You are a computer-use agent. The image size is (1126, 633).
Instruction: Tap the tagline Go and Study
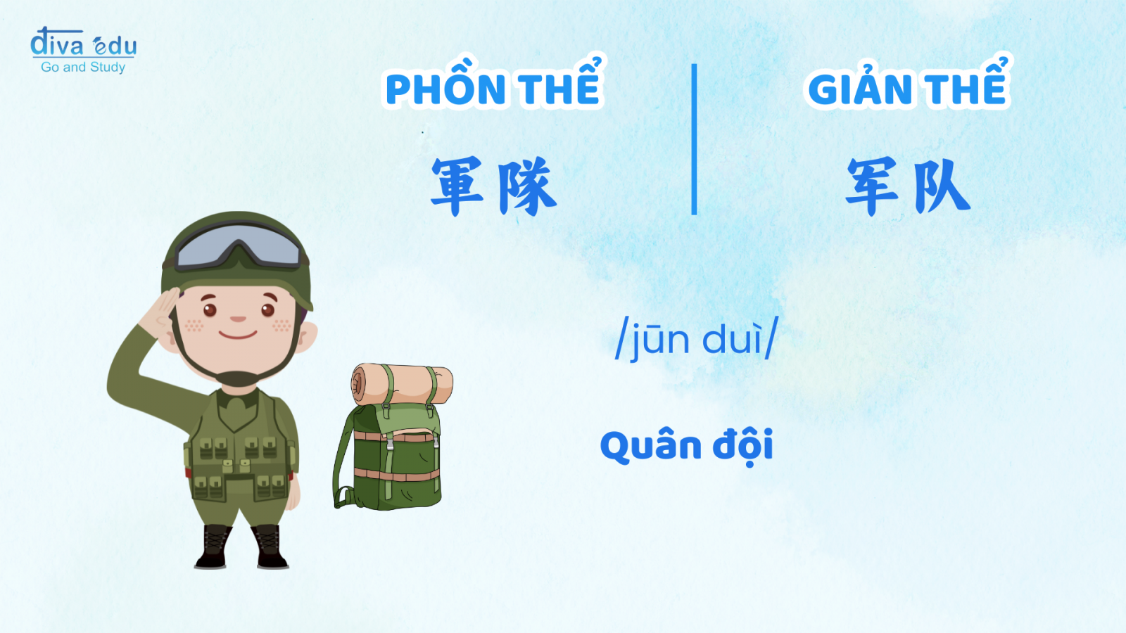coord(83,67)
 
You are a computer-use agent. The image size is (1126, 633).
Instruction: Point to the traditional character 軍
coord(457,186)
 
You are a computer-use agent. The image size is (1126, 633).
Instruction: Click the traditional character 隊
coord(527,186)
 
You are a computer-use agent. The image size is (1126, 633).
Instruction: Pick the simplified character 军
coord(872,186)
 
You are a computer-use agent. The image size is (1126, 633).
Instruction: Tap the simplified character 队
coord(941,186)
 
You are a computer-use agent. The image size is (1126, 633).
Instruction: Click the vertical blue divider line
coord(694,139)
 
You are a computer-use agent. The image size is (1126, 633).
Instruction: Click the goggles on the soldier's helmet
coord(239,247)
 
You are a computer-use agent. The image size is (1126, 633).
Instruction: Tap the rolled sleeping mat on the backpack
coord(402,384)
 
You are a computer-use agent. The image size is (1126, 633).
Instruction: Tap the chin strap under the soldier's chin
coord(238,377)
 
